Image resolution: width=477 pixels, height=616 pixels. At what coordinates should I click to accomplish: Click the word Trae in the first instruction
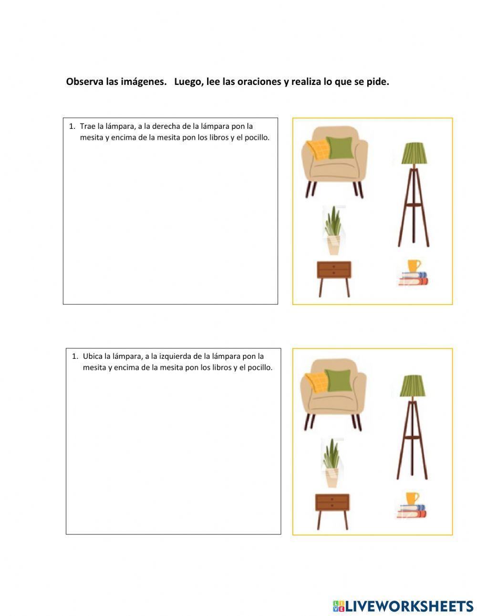(x=87, y=126)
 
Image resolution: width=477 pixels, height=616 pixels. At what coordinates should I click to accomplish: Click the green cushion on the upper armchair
(x=340, y=148)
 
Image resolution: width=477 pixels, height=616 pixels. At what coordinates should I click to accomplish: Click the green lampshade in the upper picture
(x=414, y=153)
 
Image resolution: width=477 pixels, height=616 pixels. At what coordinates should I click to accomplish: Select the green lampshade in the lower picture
(x=413, y=386)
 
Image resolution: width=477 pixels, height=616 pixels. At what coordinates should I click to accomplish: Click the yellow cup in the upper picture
(x=414, y=266)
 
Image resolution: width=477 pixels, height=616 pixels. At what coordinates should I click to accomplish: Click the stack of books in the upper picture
(x=413, y=278)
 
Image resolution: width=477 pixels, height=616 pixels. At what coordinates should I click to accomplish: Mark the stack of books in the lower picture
(x=411, y=511)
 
